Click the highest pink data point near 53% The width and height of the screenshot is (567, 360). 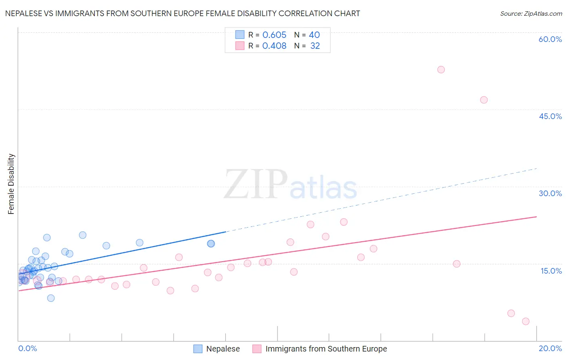[x=441, y=69]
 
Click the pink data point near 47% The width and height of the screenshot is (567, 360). [x=484, y=100]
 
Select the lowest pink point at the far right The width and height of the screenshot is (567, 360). [x=525, y=321]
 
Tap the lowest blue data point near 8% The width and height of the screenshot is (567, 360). [x=51, y=298]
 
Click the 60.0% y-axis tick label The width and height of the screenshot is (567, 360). [x=550, y=39]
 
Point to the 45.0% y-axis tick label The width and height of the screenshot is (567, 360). [x=550, y=116]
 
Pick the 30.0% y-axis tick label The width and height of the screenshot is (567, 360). [x=550, y=193]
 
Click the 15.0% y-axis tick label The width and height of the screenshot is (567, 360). [x=551, y=271]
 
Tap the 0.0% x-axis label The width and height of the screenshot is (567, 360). [x=27, y=348]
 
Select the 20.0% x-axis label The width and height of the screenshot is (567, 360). [x=550, y=348]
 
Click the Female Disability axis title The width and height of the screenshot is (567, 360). [x=11, y=184]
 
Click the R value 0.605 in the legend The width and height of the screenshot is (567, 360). [x=274, y=35]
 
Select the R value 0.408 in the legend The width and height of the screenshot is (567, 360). [x=274, y=46]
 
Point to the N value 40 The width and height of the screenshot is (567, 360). [x=314, y=35]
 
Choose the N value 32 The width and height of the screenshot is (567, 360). [x=315, y=46]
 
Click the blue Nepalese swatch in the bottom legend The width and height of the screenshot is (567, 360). [x=198, y=349]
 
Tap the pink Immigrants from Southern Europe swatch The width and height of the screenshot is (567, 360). [x=257, y=349]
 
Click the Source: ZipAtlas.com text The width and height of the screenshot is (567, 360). [x=531, y=13]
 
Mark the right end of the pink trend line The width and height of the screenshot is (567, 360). [x=536, y=217]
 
